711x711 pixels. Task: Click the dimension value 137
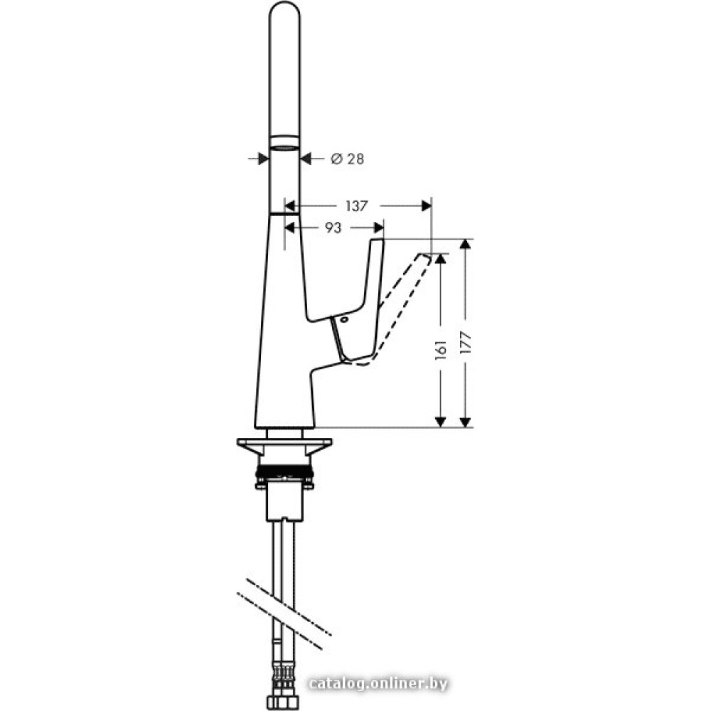[x=356, y=206]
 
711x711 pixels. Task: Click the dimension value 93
[x=333, y=228]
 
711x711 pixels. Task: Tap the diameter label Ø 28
[x=348, y=159]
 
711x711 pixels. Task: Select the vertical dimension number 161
[x=441, y=350]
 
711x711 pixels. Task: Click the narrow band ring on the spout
[x=284, y=142]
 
